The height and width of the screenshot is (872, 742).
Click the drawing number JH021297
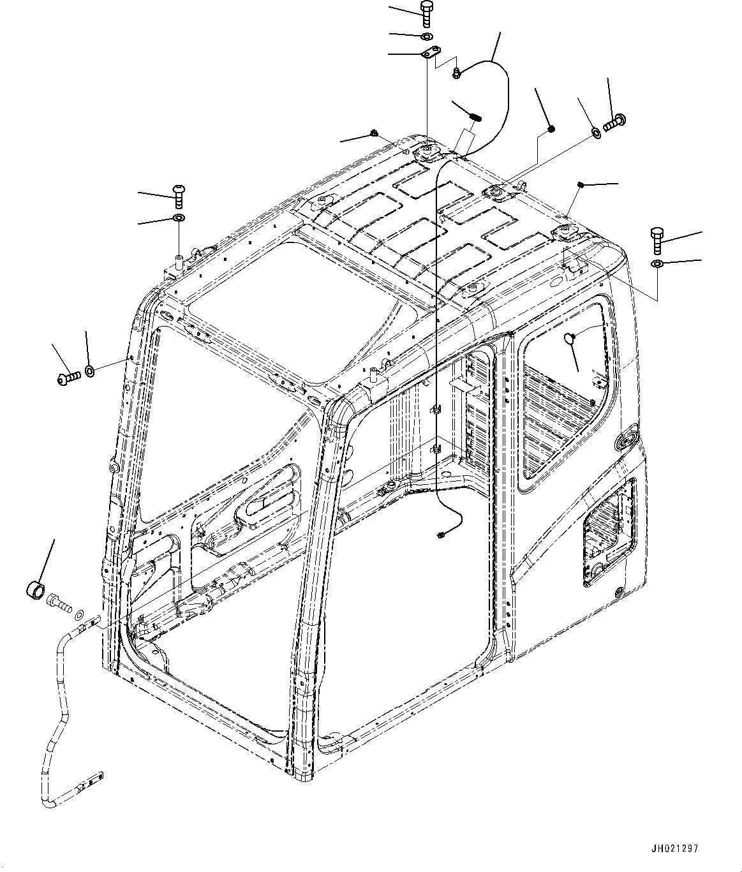676,849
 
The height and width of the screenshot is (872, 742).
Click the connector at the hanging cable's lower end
441,535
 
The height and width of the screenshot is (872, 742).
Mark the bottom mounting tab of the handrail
92,780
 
